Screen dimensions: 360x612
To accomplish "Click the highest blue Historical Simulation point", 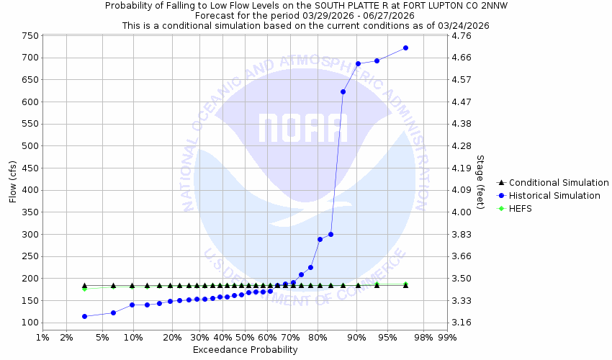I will point(405,48).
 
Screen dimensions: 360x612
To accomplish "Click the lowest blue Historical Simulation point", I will point(84,316).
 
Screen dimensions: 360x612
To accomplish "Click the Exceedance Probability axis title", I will point(245,350).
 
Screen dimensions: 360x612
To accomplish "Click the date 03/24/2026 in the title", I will point(464,25).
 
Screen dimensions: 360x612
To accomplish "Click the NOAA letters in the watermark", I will point(303,128).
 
